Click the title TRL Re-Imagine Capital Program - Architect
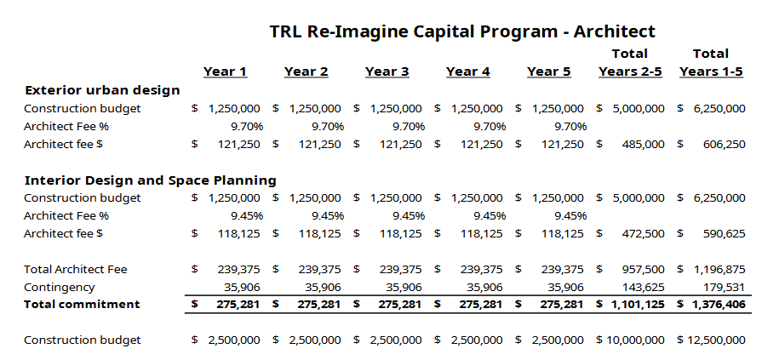[462, 31]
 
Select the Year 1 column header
[225, 71]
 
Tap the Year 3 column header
[387, 71]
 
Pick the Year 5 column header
[548, 71]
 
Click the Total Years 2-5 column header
[630, 63]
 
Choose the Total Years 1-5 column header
[711, 63]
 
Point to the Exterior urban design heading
[102, 90]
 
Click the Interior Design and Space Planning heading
[151, 180]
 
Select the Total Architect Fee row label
[76, 269]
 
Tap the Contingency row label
[60, 287]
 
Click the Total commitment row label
[82, 304]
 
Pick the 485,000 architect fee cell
[644, 144]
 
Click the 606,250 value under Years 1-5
[725, 144]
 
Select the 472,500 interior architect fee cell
[644, 233]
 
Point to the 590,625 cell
[725, 233]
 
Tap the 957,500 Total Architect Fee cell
[644, 269]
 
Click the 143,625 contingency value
[644, 287]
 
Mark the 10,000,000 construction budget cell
[635, 340]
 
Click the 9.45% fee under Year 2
[327, 215]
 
